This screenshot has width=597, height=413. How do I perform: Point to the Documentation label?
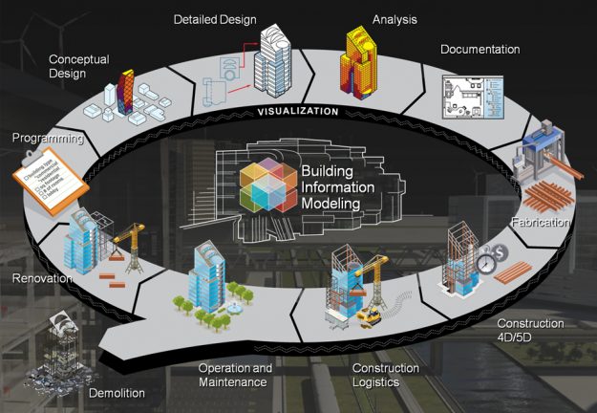point(480,49)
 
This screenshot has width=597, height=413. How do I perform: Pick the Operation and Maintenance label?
point(235,375)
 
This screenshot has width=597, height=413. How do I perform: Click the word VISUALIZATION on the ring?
point(297,111)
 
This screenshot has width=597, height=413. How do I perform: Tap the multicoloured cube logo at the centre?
point(267,185)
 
